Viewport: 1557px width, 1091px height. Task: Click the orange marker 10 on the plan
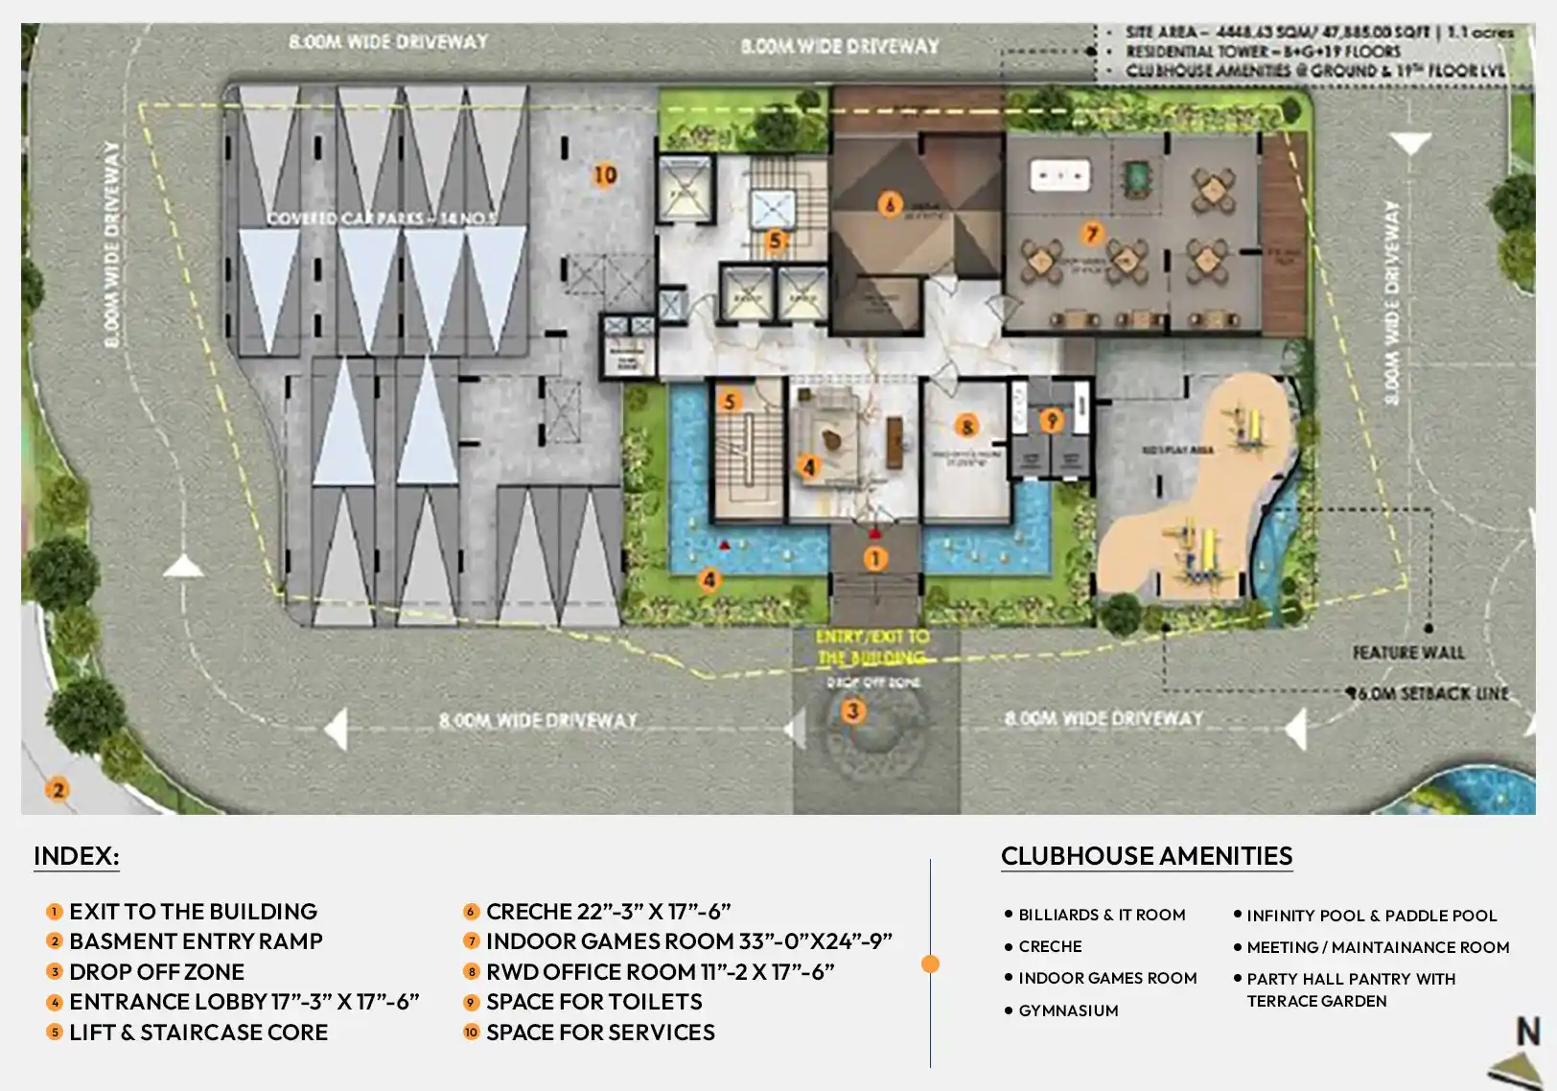coord(605,175)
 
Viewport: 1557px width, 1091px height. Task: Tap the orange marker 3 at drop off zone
coord(852,710)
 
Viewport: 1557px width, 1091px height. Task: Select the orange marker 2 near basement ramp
coord(58,790)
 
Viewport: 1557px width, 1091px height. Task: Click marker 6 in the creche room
coord(890,204)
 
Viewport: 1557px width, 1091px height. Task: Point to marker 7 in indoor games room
coord(1091,233)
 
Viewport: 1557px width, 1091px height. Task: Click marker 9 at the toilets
coord(1052,421)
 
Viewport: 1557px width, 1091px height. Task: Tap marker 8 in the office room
coord(966,427)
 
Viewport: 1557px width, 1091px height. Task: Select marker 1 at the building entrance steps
coord(874,558)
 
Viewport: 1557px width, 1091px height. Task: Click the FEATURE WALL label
coord(1407,653)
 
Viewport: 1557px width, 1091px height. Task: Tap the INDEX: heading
coord(77,856)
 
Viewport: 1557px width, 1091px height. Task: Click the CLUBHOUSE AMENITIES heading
coord(1147,856)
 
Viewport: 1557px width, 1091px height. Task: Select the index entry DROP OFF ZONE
coord(156,971)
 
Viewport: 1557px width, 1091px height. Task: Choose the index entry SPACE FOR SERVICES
coord(600,1033)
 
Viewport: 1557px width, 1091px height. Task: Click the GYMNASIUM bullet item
coord(1068,1010)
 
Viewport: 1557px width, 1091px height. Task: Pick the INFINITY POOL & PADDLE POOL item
coord(1371,916)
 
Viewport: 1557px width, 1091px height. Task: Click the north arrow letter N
coord(1527,1032)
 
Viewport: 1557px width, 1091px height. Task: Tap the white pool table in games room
coord(1059,175)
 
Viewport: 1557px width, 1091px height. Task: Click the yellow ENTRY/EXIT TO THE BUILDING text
coord(872,647)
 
